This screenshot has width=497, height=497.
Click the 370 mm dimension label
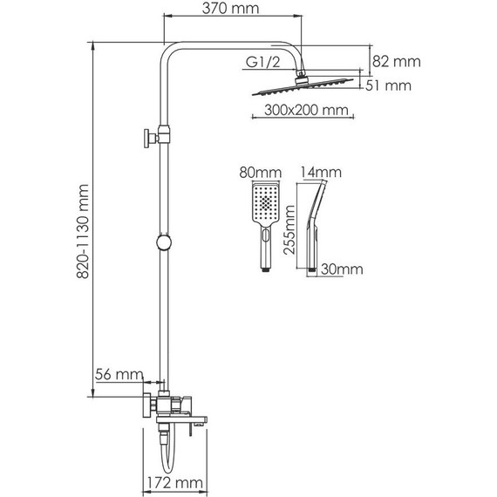[x=230, y=9]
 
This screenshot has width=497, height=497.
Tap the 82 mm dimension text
[x=396, y=62]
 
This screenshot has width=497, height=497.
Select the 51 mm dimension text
[x=388, y=85]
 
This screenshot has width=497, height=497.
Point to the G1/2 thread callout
[x=263, y=62]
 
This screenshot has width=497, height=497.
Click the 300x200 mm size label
[x=306, y=110]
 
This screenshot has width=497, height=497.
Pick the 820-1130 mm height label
[x=83, y=231]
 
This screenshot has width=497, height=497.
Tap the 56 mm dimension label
[x=119, y=374]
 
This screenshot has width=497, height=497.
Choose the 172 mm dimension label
[x=174, y=483]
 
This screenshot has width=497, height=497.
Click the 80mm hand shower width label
[x=260, y=173]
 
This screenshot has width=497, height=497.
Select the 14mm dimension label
[x=321, y=173]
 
